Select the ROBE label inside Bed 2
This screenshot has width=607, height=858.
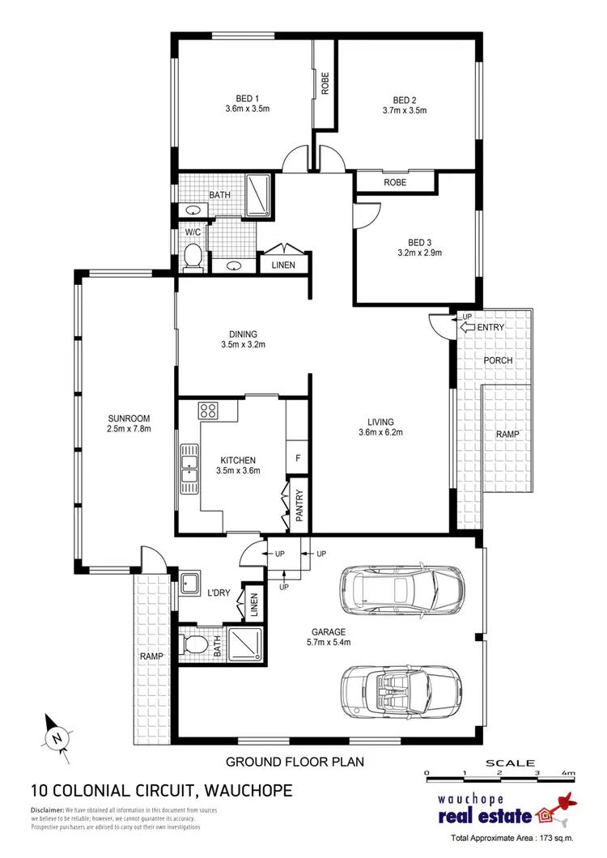tap(395, 183)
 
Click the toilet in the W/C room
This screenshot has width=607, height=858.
tap(193, 258)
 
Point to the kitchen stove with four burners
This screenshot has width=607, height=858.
tap(209, 410)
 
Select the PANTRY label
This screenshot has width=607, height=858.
tap(299, 505)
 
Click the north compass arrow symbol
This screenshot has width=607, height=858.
tap(56, 734)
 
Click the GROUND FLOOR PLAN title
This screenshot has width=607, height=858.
tap(295, 762)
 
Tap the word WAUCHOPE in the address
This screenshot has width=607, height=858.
tap(245, 790)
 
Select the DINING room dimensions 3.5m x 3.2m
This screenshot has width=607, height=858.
tap(243, 345)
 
